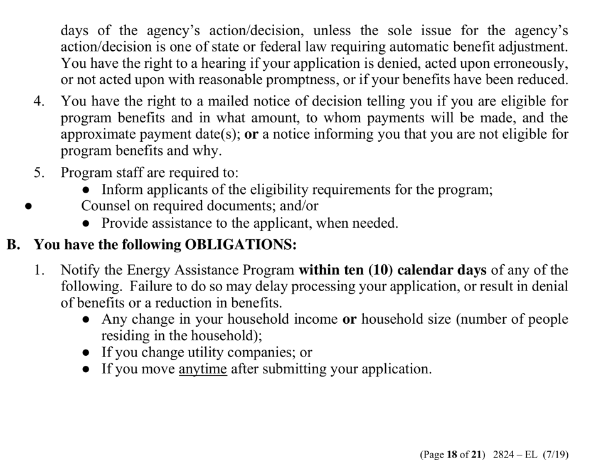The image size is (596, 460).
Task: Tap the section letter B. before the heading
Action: (14, 245)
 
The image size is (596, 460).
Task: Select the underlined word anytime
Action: (203, 369)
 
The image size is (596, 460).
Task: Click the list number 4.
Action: (39, 101)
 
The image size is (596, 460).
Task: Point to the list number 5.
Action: (39, 172)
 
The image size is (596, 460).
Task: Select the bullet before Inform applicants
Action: (87, 189)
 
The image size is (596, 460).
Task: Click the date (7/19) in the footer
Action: (565, 437)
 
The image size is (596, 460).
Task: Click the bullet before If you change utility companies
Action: (87, 353)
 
